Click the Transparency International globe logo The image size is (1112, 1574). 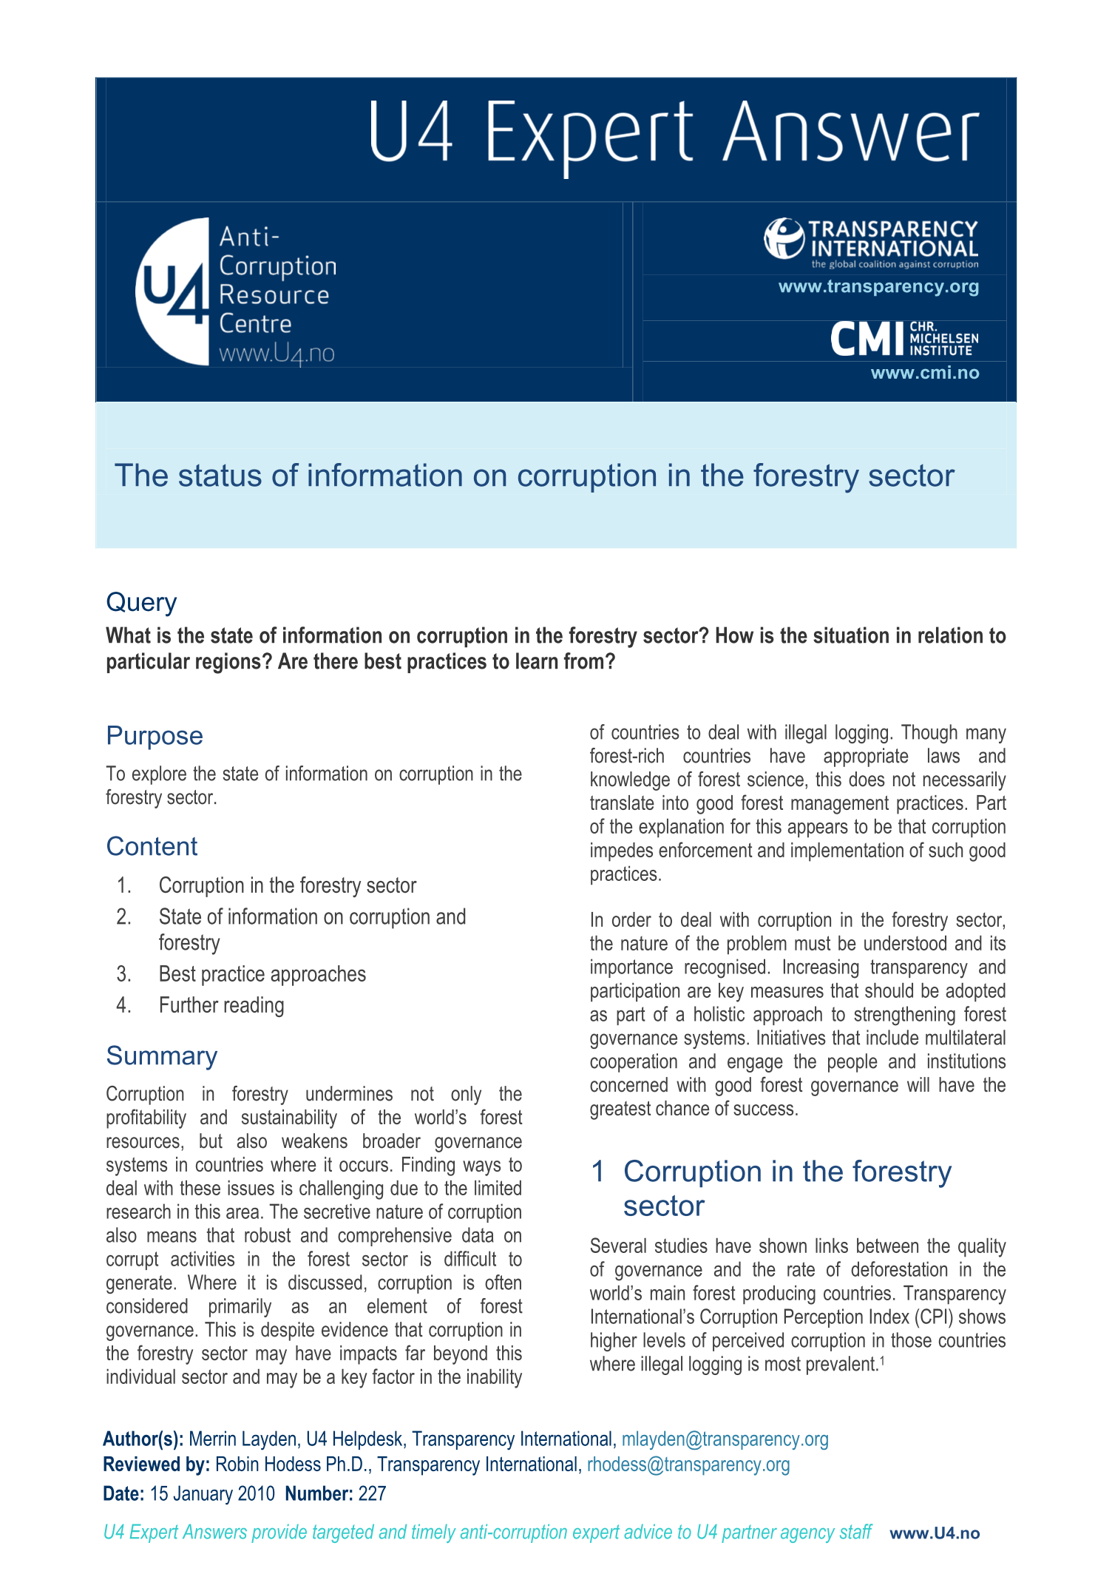pyautogui.click(x=784, y=238)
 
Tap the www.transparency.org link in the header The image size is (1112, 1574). pyautogui.click(x=878, y=287)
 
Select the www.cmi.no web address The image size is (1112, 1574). pyautogui.click(x=924, y=373)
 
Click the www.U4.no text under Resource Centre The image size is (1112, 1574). pyautogui.click(x=277, y=354)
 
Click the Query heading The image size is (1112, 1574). pyautogui.click(x=141, y=602)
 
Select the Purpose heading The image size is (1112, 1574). pyautogui.click(x=154, y=736)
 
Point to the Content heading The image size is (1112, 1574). pyautogui.click(x=152, y=846)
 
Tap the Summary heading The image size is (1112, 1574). pyautogui.click(x=161, y=1055)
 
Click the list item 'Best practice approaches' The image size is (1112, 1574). pyautogui.click(x=262, y=974)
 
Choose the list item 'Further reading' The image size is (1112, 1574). pyautogui.click(x=221, y=1005)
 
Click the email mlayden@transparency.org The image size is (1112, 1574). pyautogui.click(x=725, y=1439)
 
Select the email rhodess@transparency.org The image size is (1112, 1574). pyautogui.click(x=688, y=1465)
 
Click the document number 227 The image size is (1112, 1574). pyautogui.click(x=372, y=1493)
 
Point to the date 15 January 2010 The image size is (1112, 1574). pyautogui.click(x=212, y=1493)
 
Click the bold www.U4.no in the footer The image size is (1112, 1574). pyautogui.click(x=935, y=1533)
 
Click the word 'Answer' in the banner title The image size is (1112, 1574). pyautogui.click(x=851, y=133)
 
